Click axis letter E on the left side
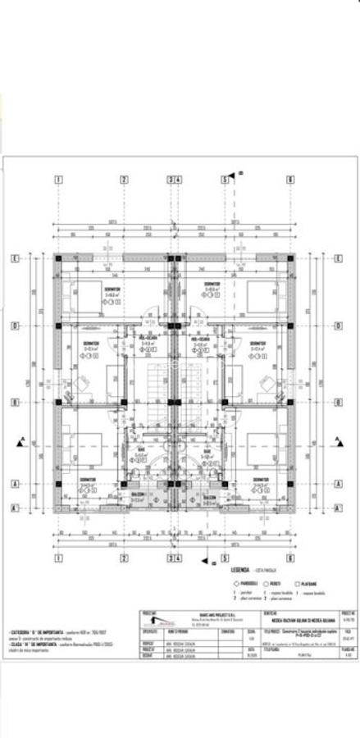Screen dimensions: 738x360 click(16, 258)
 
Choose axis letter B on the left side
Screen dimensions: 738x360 click(16, 402)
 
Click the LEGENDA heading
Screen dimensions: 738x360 click(240, 567)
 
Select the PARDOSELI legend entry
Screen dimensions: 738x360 click(246, 582)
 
